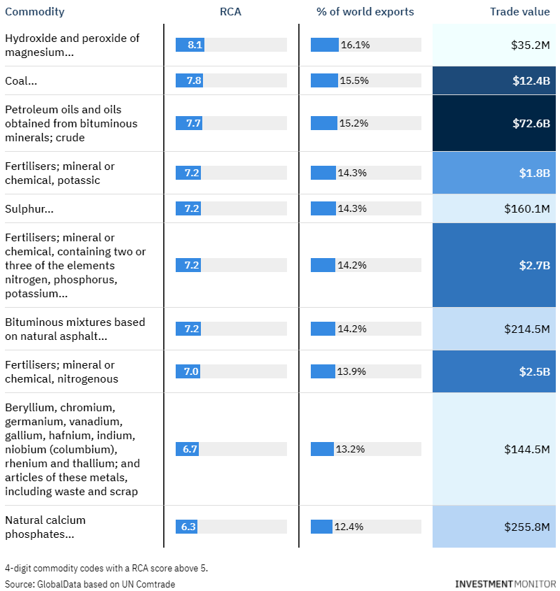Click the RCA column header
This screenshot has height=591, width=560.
coord(230,12)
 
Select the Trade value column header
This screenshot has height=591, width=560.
coord(519,12)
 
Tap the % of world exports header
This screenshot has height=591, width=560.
coord(365,12)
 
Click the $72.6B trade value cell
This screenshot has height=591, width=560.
coord(494,123)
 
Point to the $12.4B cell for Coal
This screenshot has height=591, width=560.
coord(494,80)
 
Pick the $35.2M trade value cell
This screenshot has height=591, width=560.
coord(494,45)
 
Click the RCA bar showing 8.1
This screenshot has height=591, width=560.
coord(190,45)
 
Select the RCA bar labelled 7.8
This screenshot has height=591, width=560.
coord(190,80)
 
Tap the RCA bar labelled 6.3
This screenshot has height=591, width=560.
coord(186,527)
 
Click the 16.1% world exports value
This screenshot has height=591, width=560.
coord(355,45)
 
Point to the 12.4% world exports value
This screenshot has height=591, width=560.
coord(349,527)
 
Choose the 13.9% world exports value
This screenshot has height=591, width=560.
coord(351,371)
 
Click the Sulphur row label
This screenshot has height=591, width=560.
coord(29,209)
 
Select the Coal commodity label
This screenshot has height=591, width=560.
coord(21,81)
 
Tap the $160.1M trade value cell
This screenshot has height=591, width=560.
coord(494,208)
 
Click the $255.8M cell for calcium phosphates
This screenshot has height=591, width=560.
coord(494,527)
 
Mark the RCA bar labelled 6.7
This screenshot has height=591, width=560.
coord(187,449)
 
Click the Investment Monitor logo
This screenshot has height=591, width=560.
coord(505,584)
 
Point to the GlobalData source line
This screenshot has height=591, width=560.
coord(90,584)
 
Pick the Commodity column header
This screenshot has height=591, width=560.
coord(35,12)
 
